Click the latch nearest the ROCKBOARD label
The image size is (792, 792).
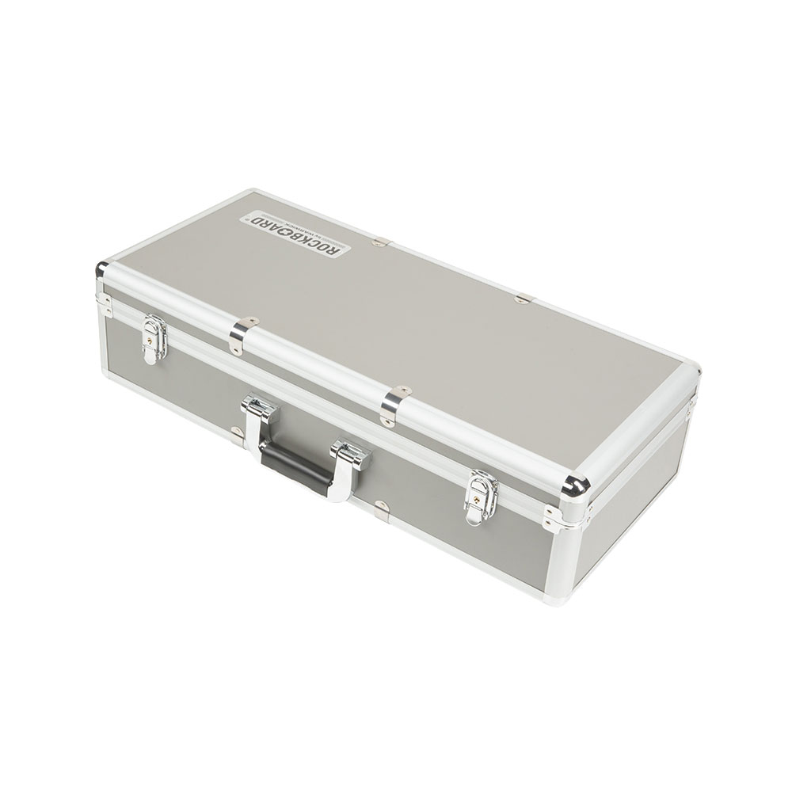(154, 339)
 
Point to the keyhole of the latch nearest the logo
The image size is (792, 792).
(151, 337)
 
